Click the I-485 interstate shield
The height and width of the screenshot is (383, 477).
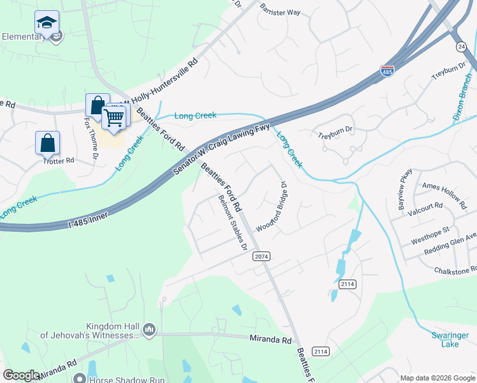point(387,71)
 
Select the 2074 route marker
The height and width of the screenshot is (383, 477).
point(261,256)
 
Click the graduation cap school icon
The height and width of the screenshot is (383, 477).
point(47,23)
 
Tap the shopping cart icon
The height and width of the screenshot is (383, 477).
point(114,117)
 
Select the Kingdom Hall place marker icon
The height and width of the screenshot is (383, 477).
point(149,329)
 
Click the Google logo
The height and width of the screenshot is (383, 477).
point(22,375)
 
